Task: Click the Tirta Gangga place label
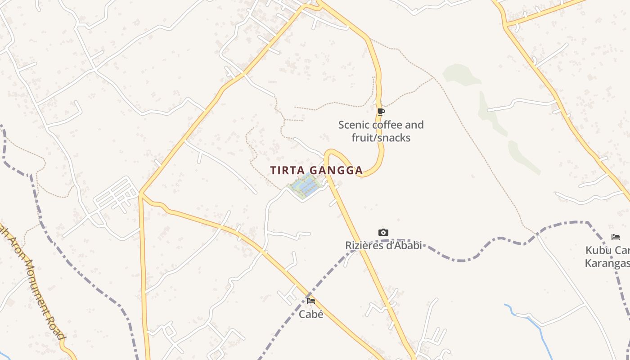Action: pos(316,171)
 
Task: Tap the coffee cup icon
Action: pos(381,112)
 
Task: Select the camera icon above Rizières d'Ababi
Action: pos(383,232)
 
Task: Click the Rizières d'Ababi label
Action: pos(383,245)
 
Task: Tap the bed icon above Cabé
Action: pos(311,301)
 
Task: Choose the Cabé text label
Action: pos(311,314)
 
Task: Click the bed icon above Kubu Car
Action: pos(615,237)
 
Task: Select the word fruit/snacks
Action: pos(381,138)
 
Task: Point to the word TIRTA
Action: pos(285,171)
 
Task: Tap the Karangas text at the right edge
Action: pos(607,263)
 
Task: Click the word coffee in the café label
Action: pos(391,125)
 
